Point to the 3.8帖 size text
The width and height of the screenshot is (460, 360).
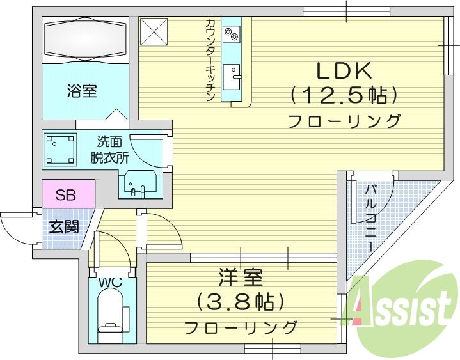241,301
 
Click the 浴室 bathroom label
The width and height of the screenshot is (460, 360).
81,91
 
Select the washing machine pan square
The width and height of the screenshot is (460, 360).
60,149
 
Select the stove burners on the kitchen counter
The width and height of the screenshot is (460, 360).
231,33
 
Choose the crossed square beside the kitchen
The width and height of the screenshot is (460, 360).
154,31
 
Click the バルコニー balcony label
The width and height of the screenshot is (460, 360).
370,217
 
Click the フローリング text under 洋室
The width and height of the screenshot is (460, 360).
241,327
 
